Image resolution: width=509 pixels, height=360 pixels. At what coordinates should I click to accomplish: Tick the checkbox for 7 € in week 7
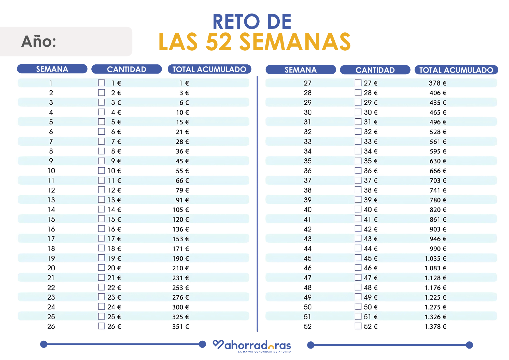point(102,141)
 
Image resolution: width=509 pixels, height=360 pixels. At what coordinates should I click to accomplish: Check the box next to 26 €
point(102,326)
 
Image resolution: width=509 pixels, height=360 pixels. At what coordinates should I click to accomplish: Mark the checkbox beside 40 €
point(358,209)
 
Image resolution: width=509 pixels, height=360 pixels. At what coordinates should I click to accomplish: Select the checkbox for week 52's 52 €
point(358,326)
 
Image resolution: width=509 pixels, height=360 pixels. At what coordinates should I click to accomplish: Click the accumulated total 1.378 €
point(435,327)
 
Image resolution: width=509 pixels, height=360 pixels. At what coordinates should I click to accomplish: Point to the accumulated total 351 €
point(181,327)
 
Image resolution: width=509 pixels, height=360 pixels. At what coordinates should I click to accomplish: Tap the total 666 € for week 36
point(438,171)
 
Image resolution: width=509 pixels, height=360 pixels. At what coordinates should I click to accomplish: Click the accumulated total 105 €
point(181,210)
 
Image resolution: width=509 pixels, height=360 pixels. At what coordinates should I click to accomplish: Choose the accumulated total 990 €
point(438,249)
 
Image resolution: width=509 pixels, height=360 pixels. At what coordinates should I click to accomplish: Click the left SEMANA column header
point(52,69)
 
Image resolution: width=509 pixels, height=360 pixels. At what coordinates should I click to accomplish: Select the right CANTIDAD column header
point(375,70)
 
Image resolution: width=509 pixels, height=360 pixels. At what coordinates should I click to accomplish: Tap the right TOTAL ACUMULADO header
point(456,70)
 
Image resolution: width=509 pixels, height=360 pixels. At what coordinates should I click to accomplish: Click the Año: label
point(39,41)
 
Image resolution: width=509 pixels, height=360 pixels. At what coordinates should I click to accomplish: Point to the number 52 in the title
point(219,42)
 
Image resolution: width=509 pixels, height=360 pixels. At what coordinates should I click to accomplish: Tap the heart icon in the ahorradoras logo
point(218,344)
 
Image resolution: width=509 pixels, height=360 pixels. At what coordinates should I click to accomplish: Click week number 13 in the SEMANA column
point(51,200)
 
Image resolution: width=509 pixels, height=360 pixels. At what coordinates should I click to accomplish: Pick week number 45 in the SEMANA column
point(308,258)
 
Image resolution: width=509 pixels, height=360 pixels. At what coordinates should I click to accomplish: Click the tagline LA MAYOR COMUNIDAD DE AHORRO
point(264,352)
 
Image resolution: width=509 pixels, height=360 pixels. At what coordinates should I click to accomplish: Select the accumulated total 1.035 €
point(435,259)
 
